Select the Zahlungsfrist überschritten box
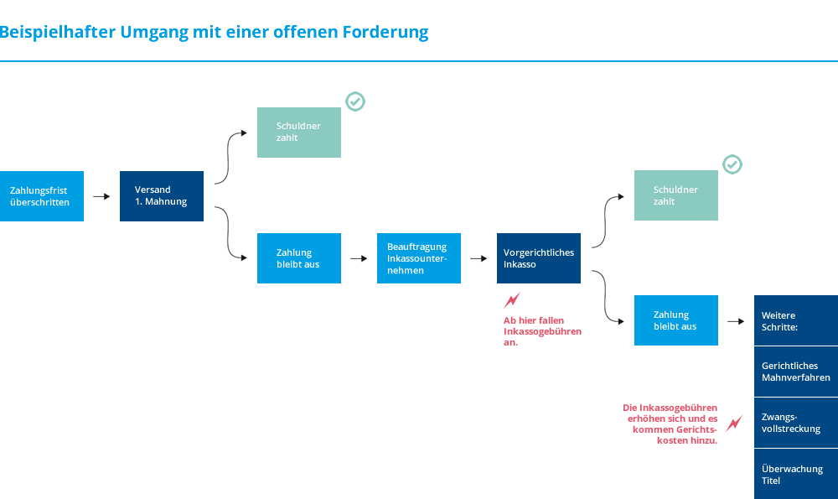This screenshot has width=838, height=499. [42, 196]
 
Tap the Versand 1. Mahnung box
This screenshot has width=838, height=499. [162, 196]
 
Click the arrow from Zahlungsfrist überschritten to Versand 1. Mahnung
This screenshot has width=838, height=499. [101, 196]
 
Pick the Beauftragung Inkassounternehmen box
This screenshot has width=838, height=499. [419, 258]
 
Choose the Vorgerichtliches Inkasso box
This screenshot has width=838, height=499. [539, 258]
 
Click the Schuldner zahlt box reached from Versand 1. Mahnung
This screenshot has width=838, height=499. [299, 133]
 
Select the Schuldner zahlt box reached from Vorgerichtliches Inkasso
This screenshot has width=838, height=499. [676, 195]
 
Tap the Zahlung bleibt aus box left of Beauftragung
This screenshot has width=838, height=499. [299, 258]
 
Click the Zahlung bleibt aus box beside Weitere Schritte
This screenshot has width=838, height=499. [676, 320]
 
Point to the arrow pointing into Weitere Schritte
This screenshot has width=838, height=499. [736, 321]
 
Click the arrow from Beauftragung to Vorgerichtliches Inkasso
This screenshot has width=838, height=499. [478, 259]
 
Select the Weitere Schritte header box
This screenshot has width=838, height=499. [796, 320]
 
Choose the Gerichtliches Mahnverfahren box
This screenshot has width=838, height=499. [796, 372]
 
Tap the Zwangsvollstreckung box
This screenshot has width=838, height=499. [796, 423]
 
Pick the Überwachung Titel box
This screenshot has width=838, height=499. [796, 475]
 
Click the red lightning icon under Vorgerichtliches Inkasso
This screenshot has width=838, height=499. [511, 300]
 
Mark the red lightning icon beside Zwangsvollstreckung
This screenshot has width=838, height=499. [734, 424]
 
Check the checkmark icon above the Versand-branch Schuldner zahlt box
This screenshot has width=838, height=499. [355, 101]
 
